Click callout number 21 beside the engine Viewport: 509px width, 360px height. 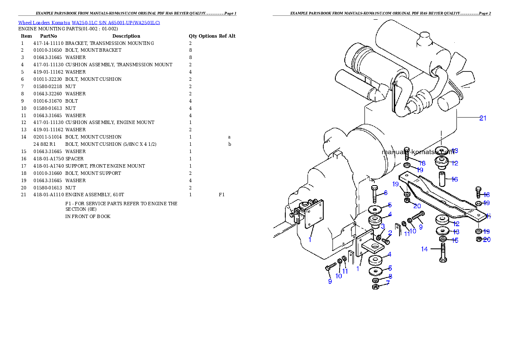pyautogui.click(x=483, y=118)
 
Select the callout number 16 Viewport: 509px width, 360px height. pyautogui.click(x=454, y=179)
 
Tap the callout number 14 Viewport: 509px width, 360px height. pyautogui.click(x=424, y=249)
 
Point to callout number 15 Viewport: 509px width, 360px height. pyautogui.click(x=454, y=240)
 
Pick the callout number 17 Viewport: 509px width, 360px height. pyautogui.click(x=488, y=216)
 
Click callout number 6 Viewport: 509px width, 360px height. pyautogui.click(x=385, y=193)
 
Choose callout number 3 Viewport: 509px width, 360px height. pyautogui.click(x=382, y=226)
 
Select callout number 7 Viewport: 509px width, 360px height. pyautogui.click(x=388, y=283)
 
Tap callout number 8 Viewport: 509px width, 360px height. pyautogui.click(x=390, y=276)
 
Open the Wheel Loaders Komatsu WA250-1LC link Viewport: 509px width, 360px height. pyautogui.click(x=89, y=22)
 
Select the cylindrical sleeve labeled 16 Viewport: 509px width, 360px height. pyautogui.click(x=442, y=179)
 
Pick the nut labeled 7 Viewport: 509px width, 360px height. pyautogui.click(x=375, y=286)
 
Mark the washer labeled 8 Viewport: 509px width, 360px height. pyautogui.click(x=375, y=280)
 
